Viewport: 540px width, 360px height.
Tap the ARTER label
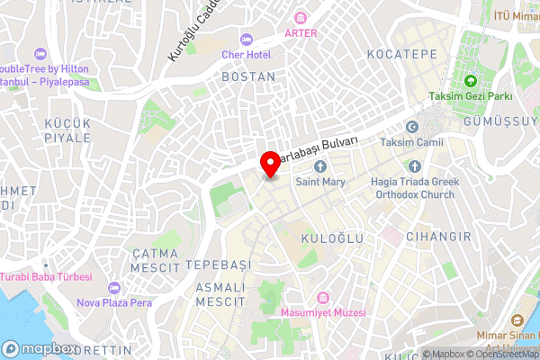click(x=301, y=32)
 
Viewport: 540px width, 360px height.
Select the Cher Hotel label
click(x=247, y=55)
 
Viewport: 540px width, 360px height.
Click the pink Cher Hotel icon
click(x=247, y=39)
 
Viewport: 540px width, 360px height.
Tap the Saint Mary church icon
click(x=320, y=166)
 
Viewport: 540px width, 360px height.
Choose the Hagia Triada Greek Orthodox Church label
click(x=416, y=187)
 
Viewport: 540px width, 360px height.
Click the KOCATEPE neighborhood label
click(x=402, y=55)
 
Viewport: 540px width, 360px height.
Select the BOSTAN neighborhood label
click(x=248, y=77)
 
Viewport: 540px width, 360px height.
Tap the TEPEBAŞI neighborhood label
click(x=218, y=265)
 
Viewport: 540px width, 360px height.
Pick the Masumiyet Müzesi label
click(x=324, y=312)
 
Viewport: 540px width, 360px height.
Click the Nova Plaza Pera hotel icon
click(x=112, y=287)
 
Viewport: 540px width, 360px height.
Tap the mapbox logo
click(x=40, y=348)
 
